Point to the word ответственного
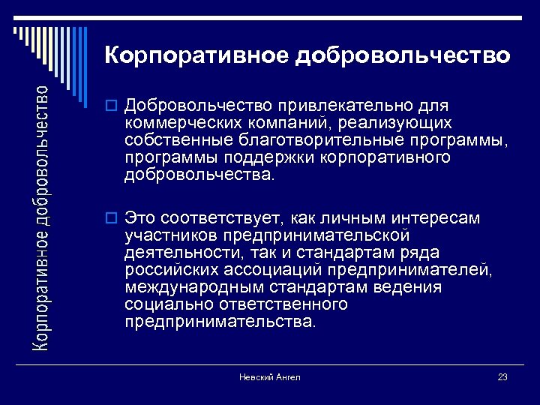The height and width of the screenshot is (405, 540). coord(284,304)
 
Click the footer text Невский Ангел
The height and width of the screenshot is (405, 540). coord(270,377)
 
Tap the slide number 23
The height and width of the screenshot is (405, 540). coord(502,377)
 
